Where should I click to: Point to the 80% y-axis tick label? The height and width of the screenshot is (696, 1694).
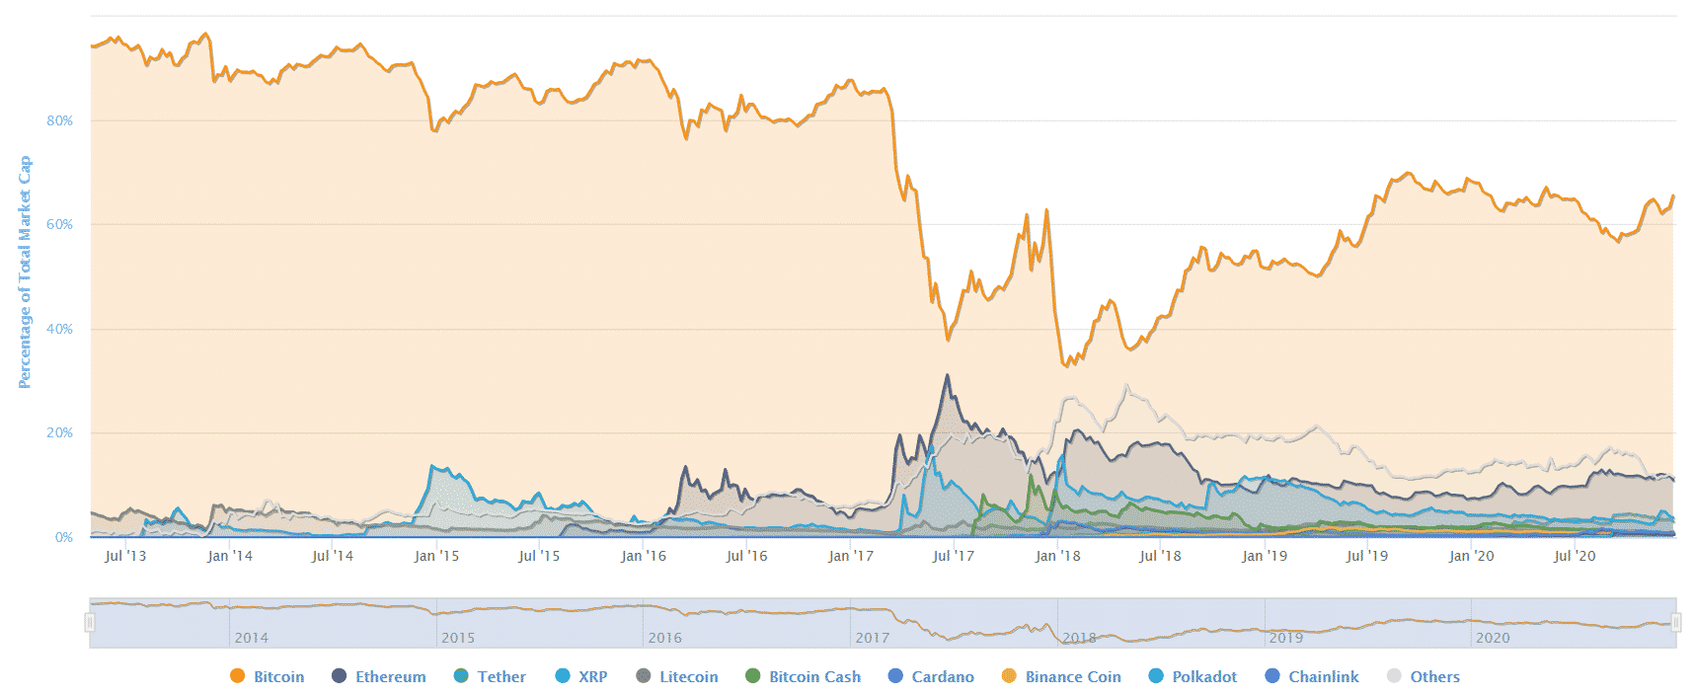point(59,120)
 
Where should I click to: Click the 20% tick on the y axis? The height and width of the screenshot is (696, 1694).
point(59,432)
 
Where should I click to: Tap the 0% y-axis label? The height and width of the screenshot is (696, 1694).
point(63,537)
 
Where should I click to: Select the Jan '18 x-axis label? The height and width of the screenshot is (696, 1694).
point(1057,556)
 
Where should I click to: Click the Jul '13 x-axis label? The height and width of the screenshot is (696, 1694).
point(125,556)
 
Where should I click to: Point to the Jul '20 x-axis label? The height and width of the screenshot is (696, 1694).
point(1575,556)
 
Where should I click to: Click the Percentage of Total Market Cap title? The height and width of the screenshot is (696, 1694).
point(25,271)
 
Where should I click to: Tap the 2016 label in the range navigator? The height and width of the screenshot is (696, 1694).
point(664,638)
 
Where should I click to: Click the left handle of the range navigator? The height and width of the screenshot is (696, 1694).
point(90,622)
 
